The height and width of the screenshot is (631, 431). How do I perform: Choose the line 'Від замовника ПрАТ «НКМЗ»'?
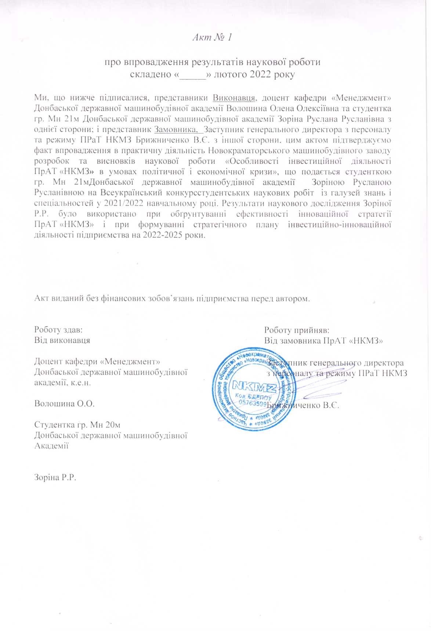coord(323,340)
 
